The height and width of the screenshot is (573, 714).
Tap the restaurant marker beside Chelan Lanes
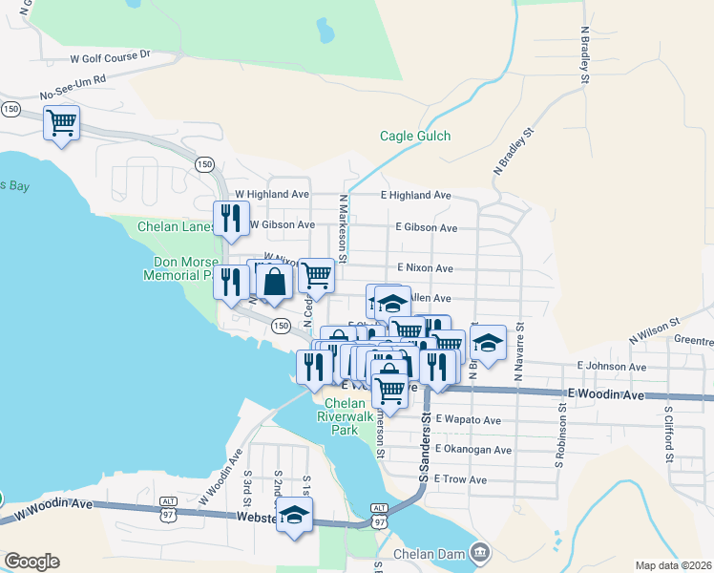(x=230, y=219)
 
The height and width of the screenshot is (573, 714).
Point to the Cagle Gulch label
(x=415, y=137)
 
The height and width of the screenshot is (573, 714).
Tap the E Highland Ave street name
(x=415, y=195)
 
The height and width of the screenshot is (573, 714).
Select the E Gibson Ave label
(x=426, y=228)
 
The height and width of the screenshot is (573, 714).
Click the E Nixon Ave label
(x=425, y=268)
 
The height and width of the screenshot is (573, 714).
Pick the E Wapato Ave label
(x=468, y=419)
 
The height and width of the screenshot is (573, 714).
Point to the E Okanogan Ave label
(x=472, y=449)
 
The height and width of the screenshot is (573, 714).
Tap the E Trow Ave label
(x=460, y=478)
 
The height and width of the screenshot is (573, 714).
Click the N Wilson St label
(x=654, y=331)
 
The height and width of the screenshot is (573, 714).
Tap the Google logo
(x=31, y=562)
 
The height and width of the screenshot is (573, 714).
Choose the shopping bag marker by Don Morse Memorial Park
(x=275, y=283)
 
